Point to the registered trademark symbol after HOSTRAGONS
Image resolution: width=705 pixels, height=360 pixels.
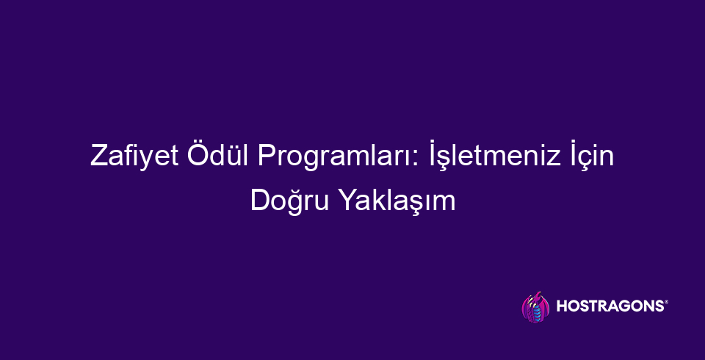click(665, 303)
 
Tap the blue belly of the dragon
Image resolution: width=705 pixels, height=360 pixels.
click(535, 312)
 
